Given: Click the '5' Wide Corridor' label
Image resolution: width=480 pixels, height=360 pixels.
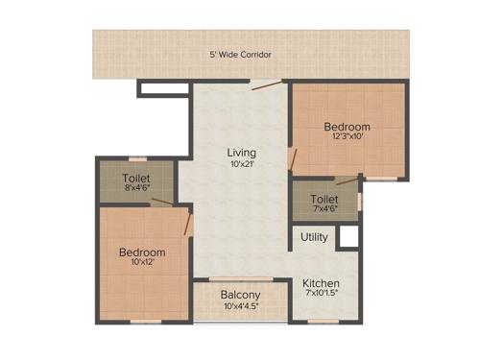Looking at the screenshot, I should [x=240, y=55].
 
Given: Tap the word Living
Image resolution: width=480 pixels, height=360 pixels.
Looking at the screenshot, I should [x=241, y=153].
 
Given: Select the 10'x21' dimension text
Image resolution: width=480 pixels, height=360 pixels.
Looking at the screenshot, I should [x=241, y=165].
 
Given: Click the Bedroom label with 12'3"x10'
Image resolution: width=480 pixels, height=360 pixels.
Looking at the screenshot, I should [x=347, y=127].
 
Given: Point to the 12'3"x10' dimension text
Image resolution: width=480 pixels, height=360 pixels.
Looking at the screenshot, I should [x=347, y=138].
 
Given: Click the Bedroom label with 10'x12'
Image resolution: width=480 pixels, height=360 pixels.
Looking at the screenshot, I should [x=142, y=252].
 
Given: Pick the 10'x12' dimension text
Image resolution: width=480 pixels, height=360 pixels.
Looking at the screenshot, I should [x=142, y=264].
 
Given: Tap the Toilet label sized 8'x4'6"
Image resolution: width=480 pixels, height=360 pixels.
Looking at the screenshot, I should [x=136, y=178].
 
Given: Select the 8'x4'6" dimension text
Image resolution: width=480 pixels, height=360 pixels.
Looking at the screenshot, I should [x=136, y=189].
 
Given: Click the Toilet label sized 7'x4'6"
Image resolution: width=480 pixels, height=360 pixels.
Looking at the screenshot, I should [x=324, y=200].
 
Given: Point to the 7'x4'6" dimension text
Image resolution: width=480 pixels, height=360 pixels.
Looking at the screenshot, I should [x=324, y=210].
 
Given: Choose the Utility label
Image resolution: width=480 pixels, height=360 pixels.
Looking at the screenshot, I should [x=314, y=237].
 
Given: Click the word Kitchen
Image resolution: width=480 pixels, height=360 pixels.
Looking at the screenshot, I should [x=321, y=284].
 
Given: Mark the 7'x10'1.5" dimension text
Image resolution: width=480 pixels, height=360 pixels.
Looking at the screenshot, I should [x=321, y=295].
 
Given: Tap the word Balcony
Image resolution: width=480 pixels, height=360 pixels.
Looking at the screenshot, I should [x=240, y=295].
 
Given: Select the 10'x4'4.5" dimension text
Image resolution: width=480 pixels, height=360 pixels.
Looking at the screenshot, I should [x=240, y=306].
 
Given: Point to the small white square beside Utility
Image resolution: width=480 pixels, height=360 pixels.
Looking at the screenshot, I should [x=348, y=237].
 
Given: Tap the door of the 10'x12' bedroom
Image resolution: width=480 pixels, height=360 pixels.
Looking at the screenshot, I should [x=188, y=226].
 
